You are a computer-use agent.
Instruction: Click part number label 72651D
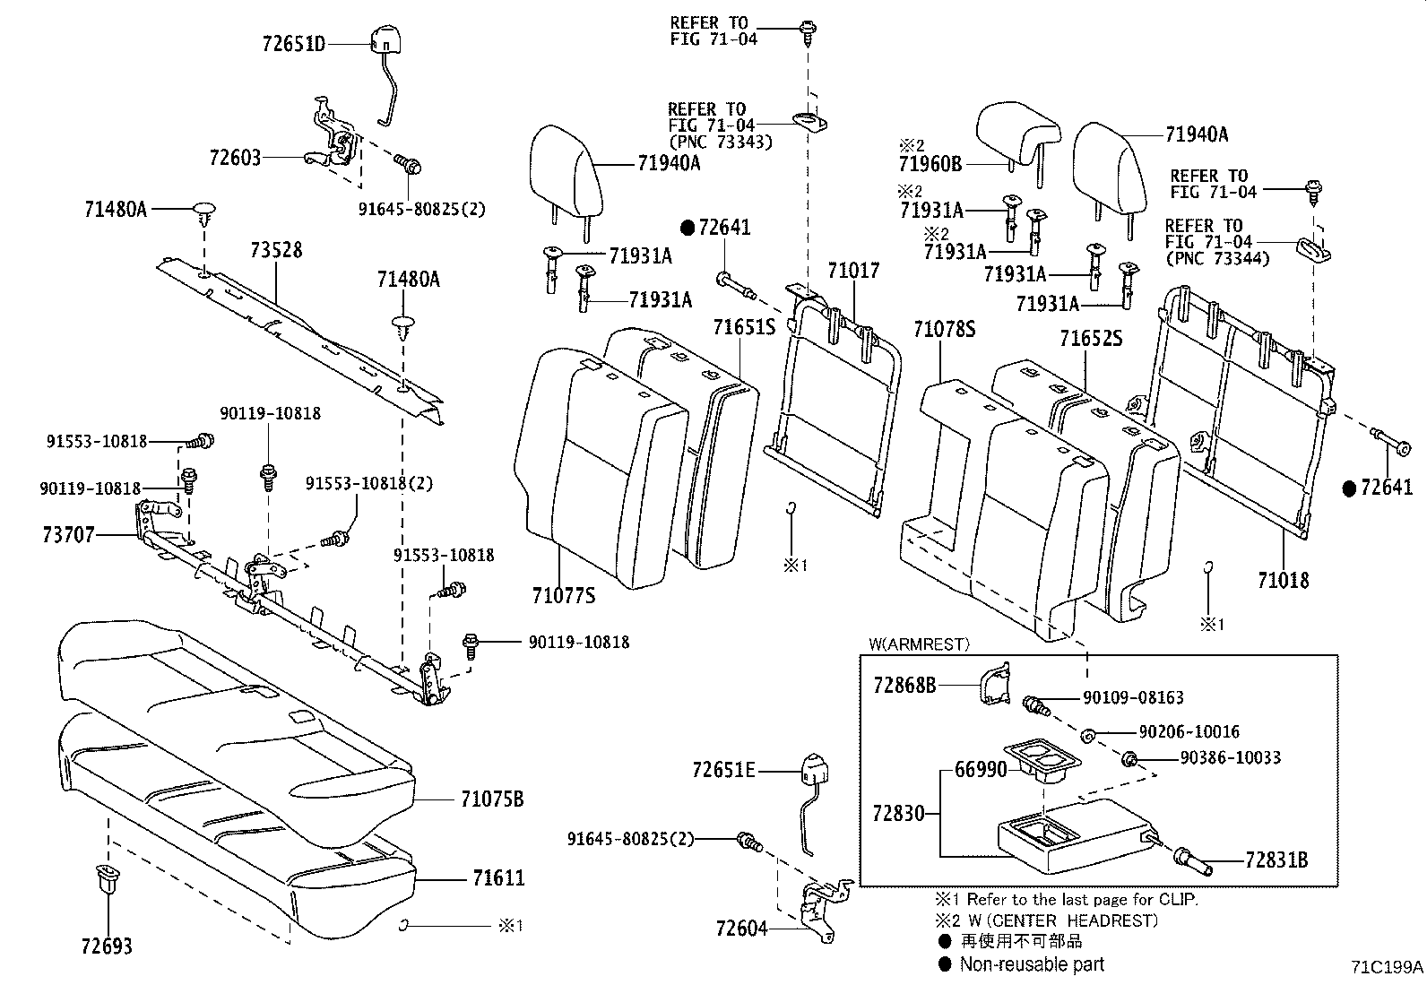[294, 43]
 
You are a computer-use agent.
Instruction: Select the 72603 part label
[235, 158]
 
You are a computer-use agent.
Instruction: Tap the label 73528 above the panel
[276, 250]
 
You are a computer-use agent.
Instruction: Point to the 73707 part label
[68, 535]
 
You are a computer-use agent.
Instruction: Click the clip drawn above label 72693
[106, 879]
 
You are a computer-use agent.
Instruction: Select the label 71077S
[563, 595]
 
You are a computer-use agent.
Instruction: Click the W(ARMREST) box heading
[919, 644]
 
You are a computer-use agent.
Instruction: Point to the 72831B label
[1276, 861]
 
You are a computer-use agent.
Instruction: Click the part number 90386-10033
[1230, 758]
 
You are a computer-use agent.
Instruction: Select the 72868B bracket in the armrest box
[992, 686]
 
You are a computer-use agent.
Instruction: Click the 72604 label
[742, 929]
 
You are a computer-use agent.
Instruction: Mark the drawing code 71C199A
[1387, 966]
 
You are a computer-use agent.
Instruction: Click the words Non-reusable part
[1032, 964]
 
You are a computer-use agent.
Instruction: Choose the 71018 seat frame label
[1283, 580]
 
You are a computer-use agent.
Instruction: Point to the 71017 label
[853, 270]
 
